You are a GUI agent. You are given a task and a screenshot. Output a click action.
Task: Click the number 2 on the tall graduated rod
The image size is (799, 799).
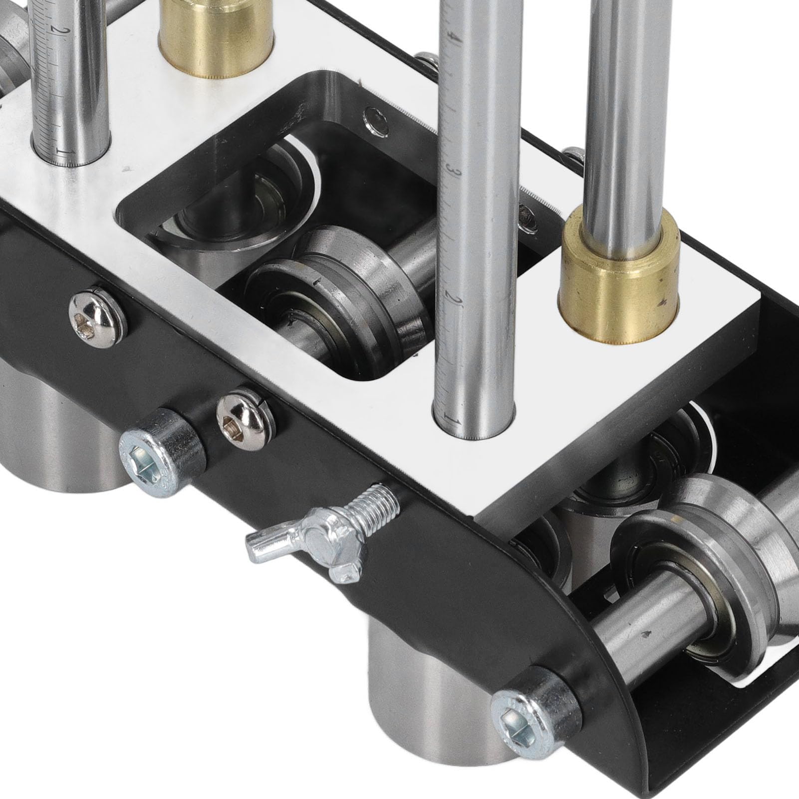click(x=455, y=299)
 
